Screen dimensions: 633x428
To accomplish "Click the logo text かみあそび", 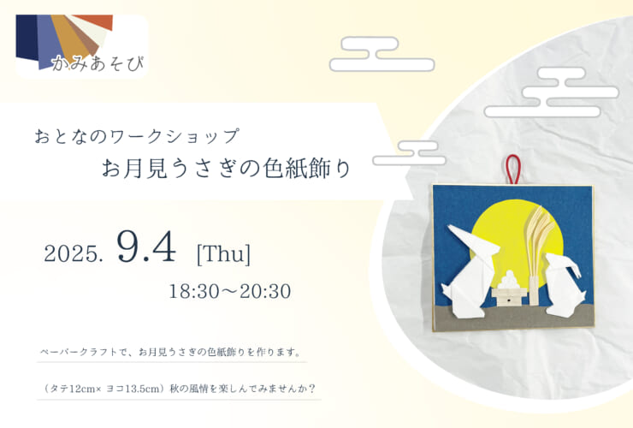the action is tap(98, 64).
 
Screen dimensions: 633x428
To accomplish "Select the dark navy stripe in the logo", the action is tap(27, 37).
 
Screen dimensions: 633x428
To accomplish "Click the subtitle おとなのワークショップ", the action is tap(137, 136).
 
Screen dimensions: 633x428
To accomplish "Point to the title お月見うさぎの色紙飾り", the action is tap(226, 168).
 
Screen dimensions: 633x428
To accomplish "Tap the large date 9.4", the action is tap(146, 247).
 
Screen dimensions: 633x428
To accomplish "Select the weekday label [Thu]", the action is tap(223, 254).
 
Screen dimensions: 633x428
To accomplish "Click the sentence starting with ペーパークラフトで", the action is tap(170, 352).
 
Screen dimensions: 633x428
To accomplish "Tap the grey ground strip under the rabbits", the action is tap(513, 318).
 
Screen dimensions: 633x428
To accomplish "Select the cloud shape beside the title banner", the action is tap(409, 153).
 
